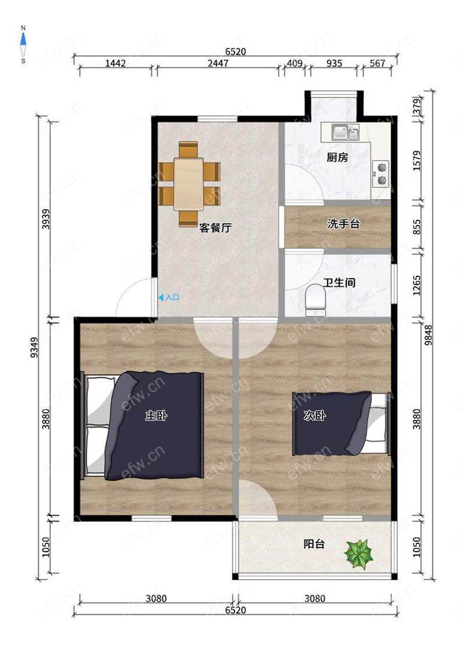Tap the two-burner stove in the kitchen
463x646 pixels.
tap(381, 174)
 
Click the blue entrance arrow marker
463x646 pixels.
tap(161, 297)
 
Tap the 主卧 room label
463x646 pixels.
tap(156, 415)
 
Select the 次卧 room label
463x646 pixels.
tap(314, 415)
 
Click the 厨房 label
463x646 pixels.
tap(337, 157)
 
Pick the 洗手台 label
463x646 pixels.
tap(343, 224)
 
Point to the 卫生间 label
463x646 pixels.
tap(339, 282)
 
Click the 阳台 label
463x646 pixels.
tap(314, 544)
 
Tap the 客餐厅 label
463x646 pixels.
tap(215, 227)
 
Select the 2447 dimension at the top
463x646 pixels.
tap(218, 63)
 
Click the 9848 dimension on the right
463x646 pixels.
tap(428, 335)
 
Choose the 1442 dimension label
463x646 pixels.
tap(115, 63)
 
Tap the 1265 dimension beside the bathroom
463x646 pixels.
tap(417, 285)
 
